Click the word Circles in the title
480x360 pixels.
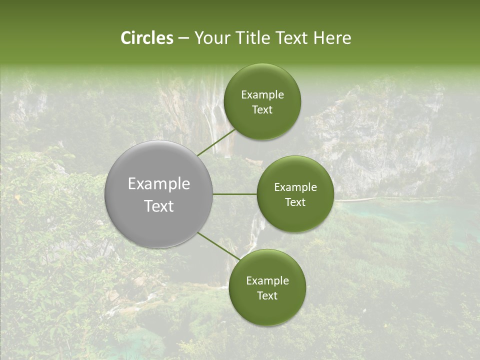click(147, 38)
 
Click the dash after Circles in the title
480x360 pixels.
click(183, 38)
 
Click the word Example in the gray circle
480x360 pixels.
click(159, 184)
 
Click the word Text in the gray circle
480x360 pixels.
click(159, 206)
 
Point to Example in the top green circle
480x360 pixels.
click(262, 94)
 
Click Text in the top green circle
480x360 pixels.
click(262, 109)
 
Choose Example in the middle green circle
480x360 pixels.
click(295, 187)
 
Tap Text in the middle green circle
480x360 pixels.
click(295, 202)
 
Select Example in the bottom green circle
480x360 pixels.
click(267, 280)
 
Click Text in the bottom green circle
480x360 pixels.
click(267, 295)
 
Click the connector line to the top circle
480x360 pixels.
click(216, 142)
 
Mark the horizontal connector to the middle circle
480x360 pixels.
click(235, 194)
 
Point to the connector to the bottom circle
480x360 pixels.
click(218, 246)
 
